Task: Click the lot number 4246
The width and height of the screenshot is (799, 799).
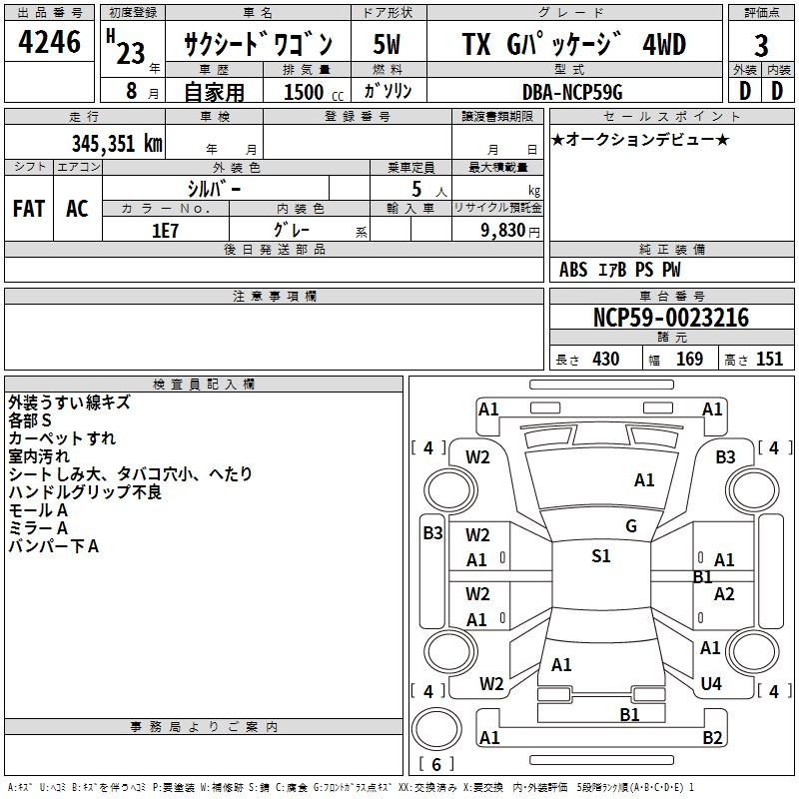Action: pyautogui.click(x=49, y=42)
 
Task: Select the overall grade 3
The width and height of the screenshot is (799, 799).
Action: pyautogui.click(x=761, y=46)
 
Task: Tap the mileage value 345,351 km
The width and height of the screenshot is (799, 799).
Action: pyautogui.click(x=117, y=144)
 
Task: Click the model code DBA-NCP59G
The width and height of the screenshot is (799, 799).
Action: pyautogui.click(x=572, y=92)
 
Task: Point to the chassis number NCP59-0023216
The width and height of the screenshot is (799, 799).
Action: pyautogui.click(x=671, y=318)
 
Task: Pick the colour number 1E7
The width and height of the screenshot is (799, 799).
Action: pyautogui.click(x=165, y=231)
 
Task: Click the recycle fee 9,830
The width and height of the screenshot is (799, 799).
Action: pyautogui.click(x=503, y=231)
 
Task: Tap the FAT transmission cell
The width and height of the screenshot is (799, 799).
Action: pyautogui.click(x=29, y=209)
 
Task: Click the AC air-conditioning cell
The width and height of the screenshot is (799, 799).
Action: pyautogui.click(x=77, y=209)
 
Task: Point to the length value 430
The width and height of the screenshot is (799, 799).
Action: pyautogui.click(x=606, y=360)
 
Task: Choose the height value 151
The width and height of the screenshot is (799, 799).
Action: pyautogui.click(x=769, y=360)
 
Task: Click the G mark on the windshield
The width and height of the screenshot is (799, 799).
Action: pyautogui.click(x=631, y=526)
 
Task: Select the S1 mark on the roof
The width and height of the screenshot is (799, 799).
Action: pyautogui.click(x=601, y=556)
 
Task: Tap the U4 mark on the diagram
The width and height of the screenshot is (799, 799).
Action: pyautogui.click(x=711, y=683)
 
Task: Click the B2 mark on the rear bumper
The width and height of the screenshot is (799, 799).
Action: pyautogui.click(x=712, y=737)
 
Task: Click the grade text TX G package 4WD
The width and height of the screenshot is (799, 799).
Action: pyautogui.click(x=573, y=44)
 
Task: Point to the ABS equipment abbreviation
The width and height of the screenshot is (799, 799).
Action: pyautogui.click(x=573, y=270)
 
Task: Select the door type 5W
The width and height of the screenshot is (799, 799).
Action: pyautogui.click(x=387, y=44)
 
